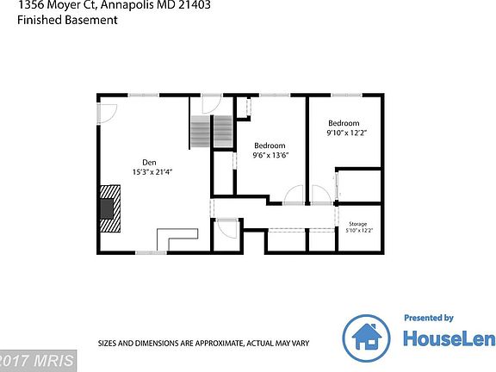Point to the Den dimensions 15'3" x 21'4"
click(x=152, y=172)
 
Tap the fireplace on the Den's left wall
click(x=109, y=210)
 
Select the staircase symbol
click(x=211, y=133)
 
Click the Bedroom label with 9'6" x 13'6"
click(x=269, y=146)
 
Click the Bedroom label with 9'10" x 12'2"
click(x=343, y=123)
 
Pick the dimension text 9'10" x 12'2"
click(x=347, y=133)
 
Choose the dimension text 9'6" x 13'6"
click(x=270, y=156)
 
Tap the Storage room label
click(x=356, y=224)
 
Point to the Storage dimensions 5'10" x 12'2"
click(x=358, y=231)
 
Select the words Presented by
click(x=429, y=318)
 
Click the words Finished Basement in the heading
click(x=67, y=20)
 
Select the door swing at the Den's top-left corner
click(x=108, y=113)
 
